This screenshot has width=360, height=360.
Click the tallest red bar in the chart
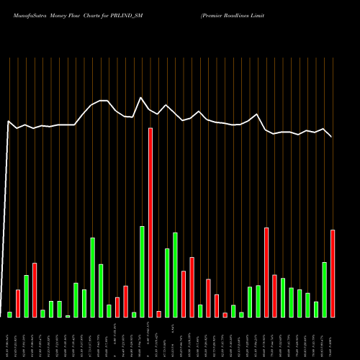[x=150, y=222]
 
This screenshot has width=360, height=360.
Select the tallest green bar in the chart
[x=142, y=271]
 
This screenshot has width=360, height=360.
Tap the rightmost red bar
[x=333, y=274]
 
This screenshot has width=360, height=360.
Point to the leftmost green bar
[x=9, y=314]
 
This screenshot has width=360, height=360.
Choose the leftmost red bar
[x=18, y=303]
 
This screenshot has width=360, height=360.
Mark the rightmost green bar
[x=324, y=289]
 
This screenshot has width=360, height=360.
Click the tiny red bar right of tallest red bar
[x=158, y=314]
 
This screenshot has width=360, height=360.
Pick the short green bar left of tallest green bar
[x=134, y=314]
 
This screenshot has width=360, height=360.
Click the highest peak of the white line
[x=141, y=98]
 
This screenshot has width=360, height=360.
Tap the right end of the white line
[x=332, y=137]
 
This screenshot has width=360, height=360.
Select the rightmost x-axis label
[x=333, y=338]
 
